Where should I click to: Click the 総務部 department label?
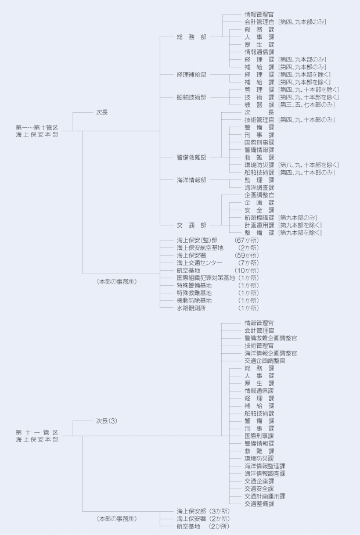pyautogui.click(x=191, y=37)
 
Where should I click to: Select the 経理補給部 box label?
pyautogui.click(x=191, y=75)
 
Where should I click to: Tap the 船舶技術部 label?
pyautogui.click(x=191, y=97)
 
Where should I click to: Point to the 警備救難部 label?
pyautogui.click(x=191, y=157)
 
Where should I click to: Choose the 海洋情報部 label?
pyautogui.click(x=191, y=180)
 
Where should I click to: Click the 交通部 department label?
pyautogui.click(x=191, y=225)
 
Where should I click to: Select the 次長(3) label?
pyautogui.click(x=107, y=420)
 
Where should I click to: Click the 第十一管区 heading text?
pyautogui.click(x=37, y=432)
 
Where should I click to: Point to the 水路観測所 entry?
pyautogui.click(x=193, y=308)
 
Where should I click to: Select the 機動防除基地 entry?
pyautogui.click(x=194, y=300)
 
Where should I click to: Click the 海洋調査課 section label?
pyautogui.click(x=259, y=188)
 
